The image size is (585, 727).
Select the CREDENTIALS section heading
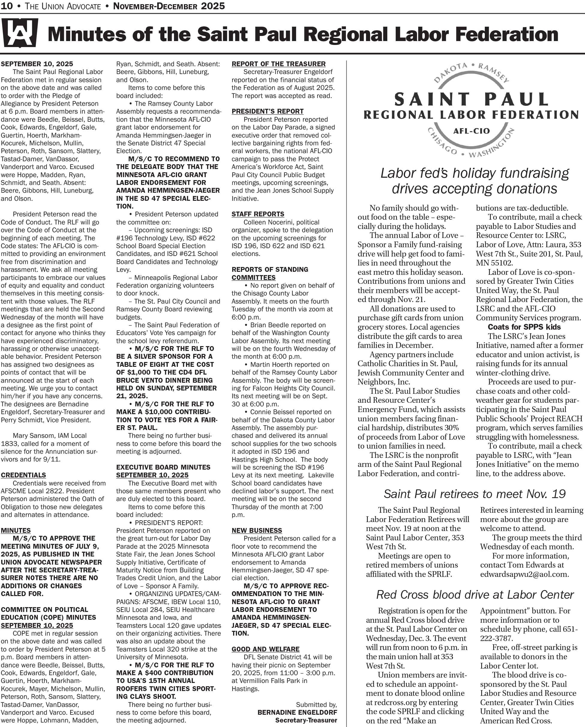click(23, 475)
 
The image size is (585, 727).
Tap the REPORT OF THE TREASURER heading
click(278, 64)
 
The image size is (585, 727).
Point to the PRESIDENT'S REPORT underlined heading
click(267, 111)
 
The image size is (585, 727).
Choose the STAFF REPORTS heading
click(258, 214)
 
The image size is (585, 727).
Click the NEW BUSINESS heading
click(256, 530)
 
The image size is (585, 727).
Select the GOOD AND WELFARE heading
click(265, 649)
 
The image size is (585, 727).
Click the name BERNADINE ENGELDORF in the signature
click(297, 713)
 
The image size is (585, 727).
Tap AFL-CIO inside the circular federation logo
click(471, 131)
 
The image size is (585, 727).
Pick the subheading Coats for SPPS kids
click(524, 327)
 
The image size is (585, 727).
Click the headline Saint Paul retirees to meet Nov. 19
click(474, 494)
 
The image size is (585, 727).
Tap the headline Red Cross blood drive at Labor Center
click(475, 595)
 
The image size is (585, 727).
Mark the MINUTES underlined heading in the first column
click(16, 530)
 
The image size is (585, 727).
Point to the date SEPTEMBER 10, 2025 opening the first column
click(37, 64)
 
